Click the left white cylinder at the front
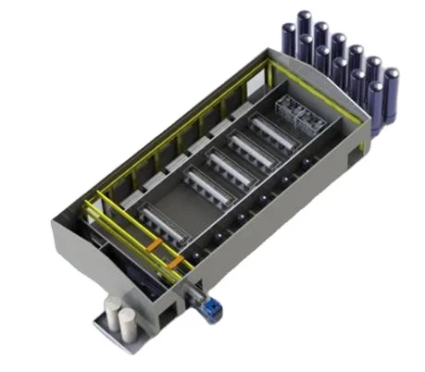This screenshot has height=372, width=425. (115, 317)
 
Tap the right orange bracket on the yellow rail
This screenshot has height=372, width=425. (172, 265)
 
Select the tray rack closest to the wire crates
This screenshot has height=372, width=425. (274, 131)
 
